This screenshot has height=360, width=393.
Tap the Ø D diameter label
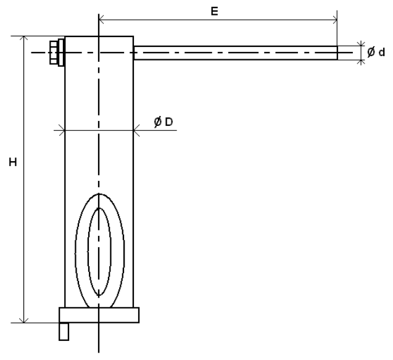[x=163, y=123]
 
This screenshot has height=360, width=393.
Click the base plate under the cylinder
[x=99, y=315]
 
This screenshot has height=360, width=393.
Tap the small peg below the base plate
[x=64, y=332]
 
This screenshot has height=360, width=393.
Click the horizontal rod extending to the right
[x=234, y=53]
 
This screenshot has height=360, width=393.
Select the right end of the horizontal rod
[x=336, y=53]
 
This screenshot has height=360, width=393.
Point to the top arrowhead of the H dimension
[x=24, y=40]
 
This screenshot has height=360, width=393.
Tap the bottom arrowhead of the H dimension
[x=24, y=319]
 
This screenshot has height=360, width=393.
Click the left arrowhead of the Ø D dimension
[x=62, y=130]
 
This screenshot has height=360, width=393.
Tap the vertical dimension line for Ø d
[x=360, y=53]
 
